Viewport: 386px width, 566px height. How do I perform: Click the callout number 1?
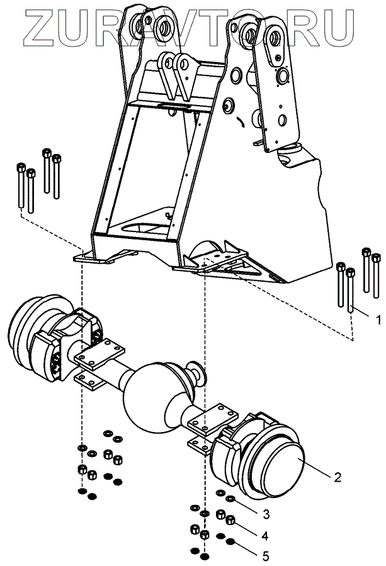[x=378, y=319]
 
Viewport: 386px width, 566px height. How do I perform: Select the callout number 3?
[x=266, y=514]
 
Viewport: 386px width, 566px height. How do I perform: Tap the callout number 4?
[x=264, y=536]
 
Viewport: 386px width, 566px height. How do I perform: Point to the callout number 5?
[x=266, y=555]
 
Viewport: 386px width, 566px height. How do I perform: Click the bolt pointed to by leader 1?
[x=351, y=289]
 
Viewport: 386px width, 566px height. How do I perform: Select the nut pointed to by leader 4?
[x=230, y=519]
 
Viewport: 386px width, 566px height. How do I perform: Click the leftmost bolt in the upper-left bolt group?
[x=21, y=186]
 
